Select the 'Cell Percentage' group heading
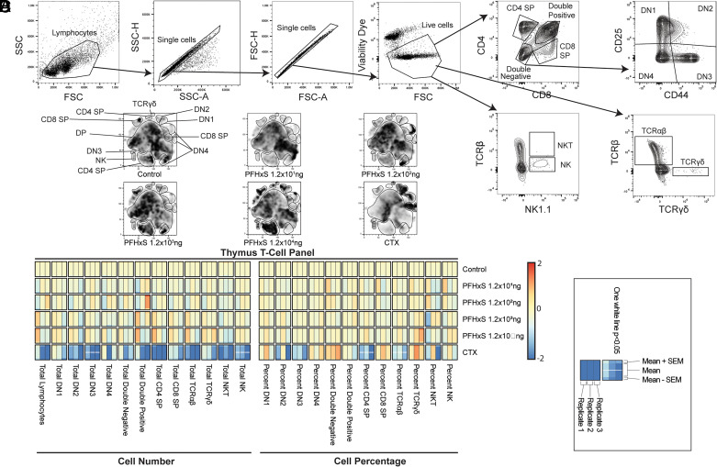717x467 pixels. [358, 456]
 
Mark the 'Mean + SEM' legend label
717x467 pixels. [651, 361]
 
